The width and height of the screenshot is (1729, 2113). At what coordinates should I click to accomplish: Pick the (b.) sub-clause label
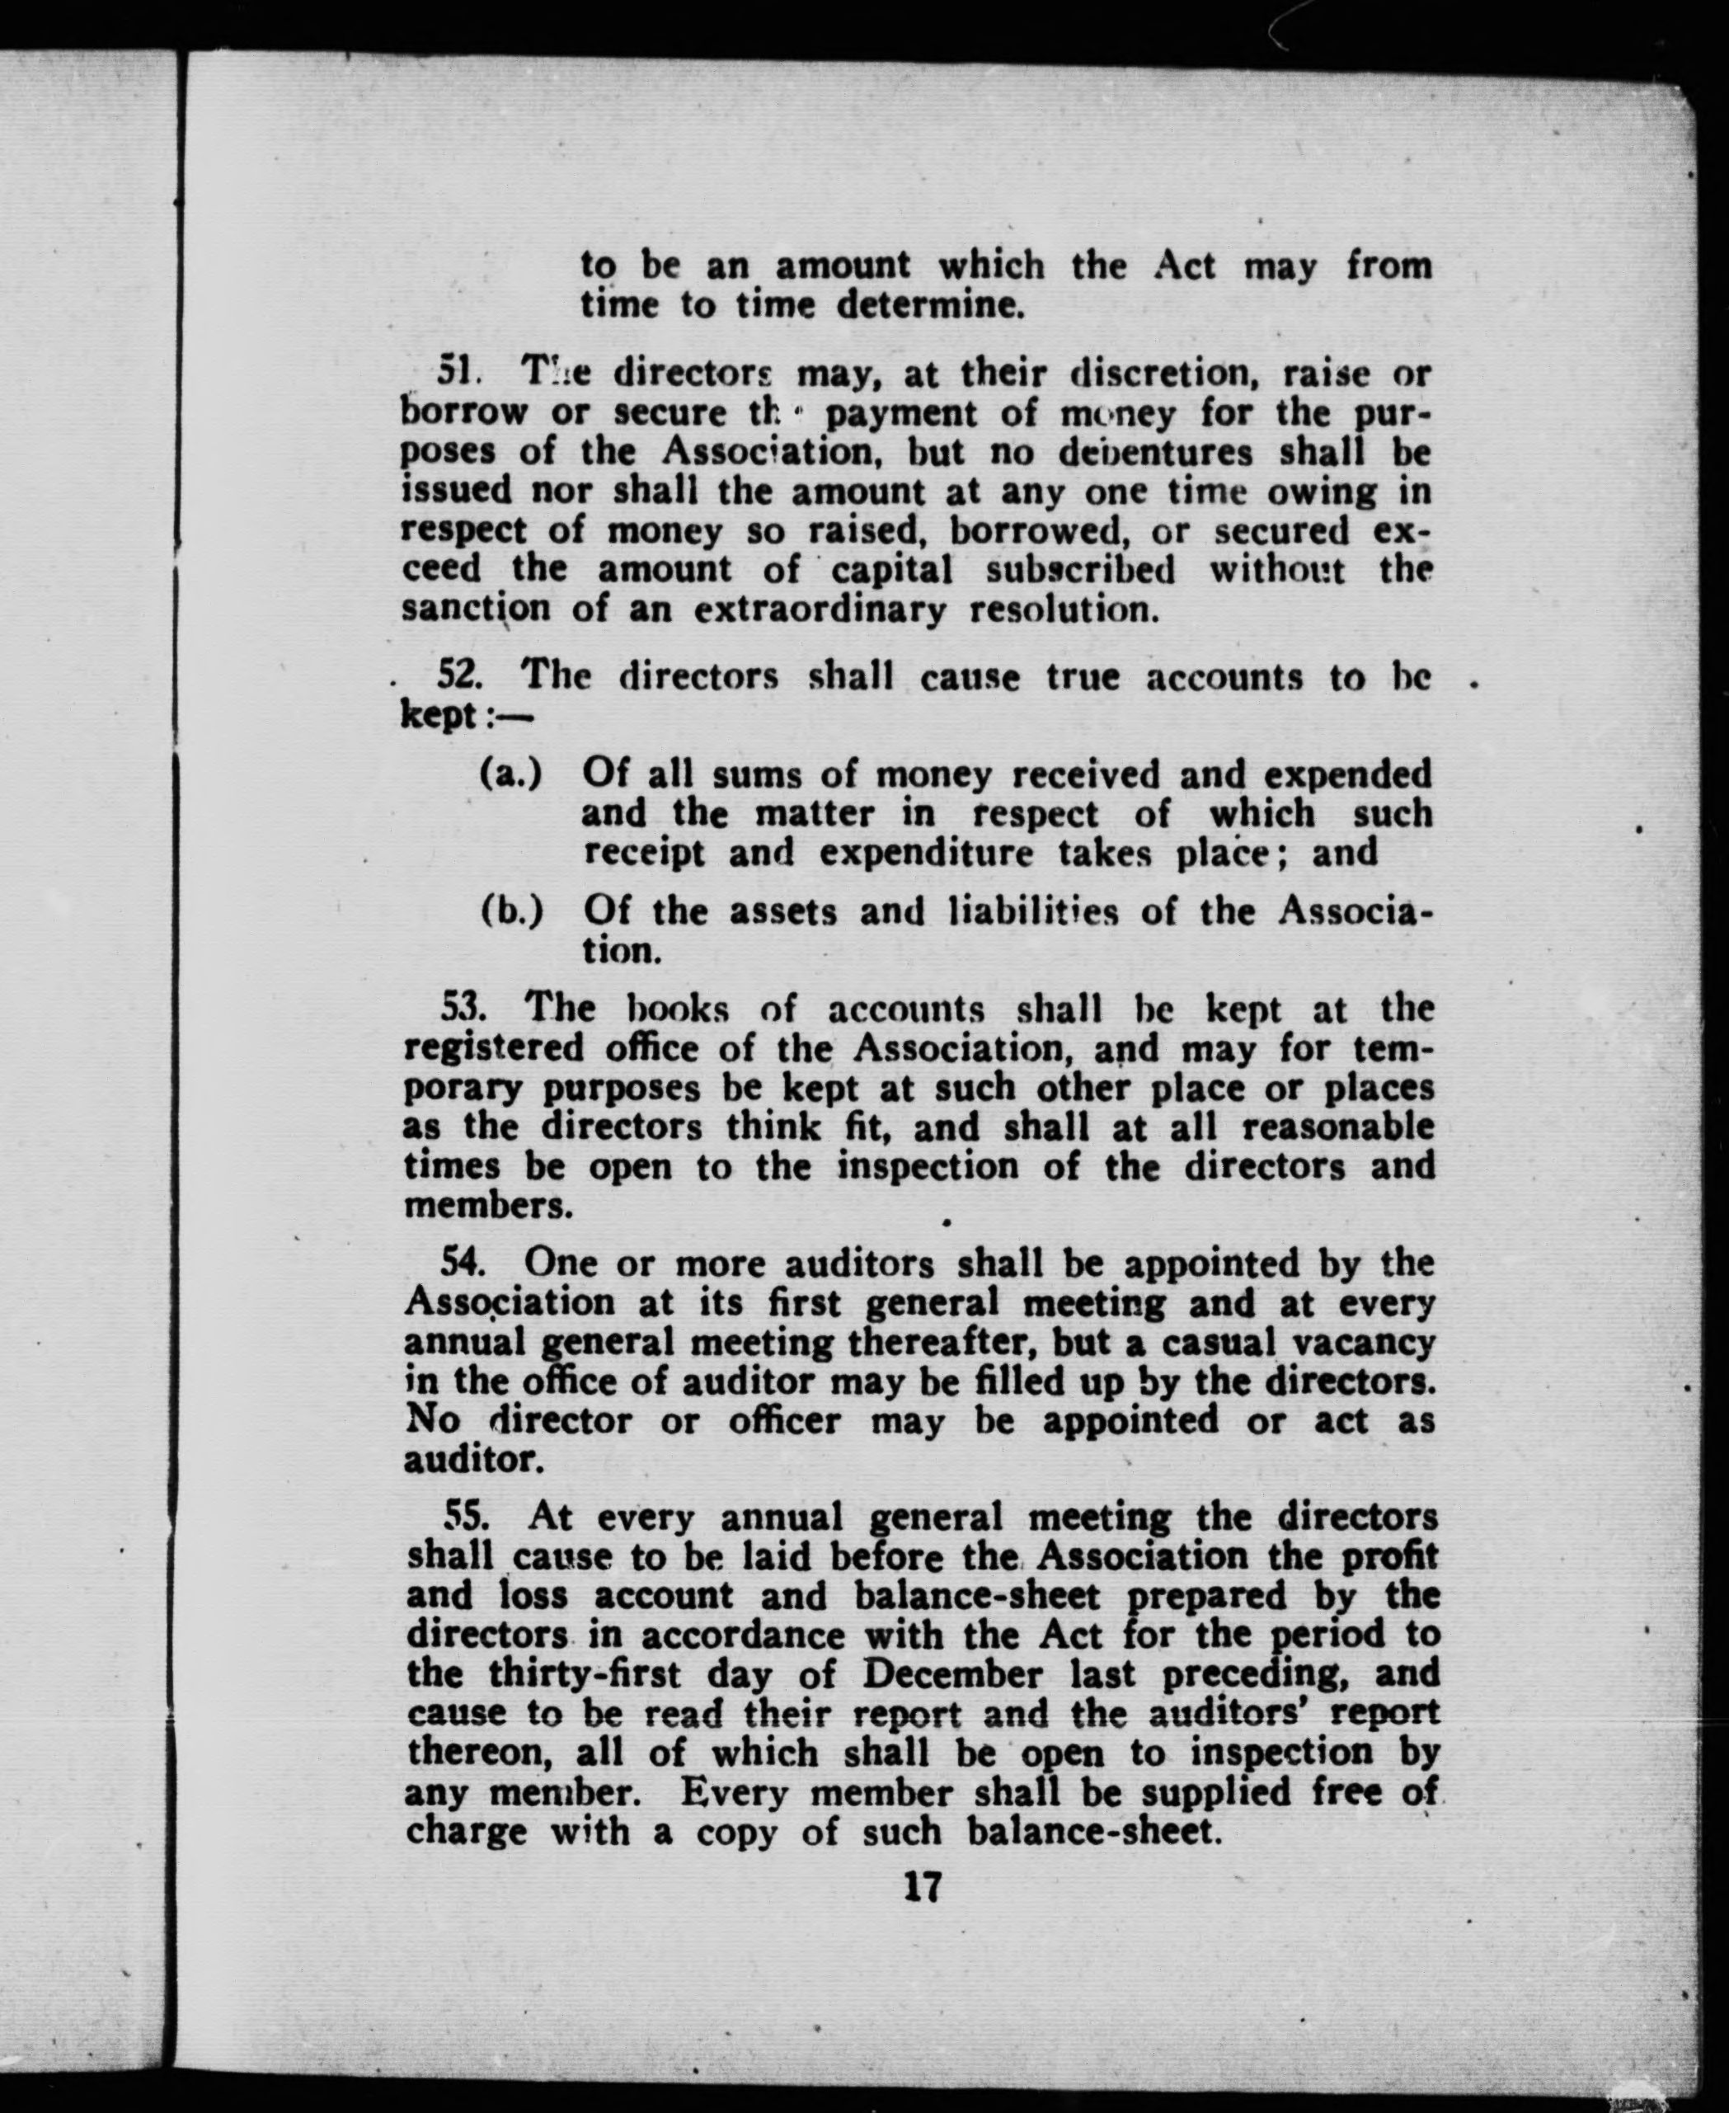(x=512, y=911)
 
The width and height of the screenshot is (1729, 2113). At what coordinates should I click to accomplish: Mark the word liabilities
(x=1033, y=911)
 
